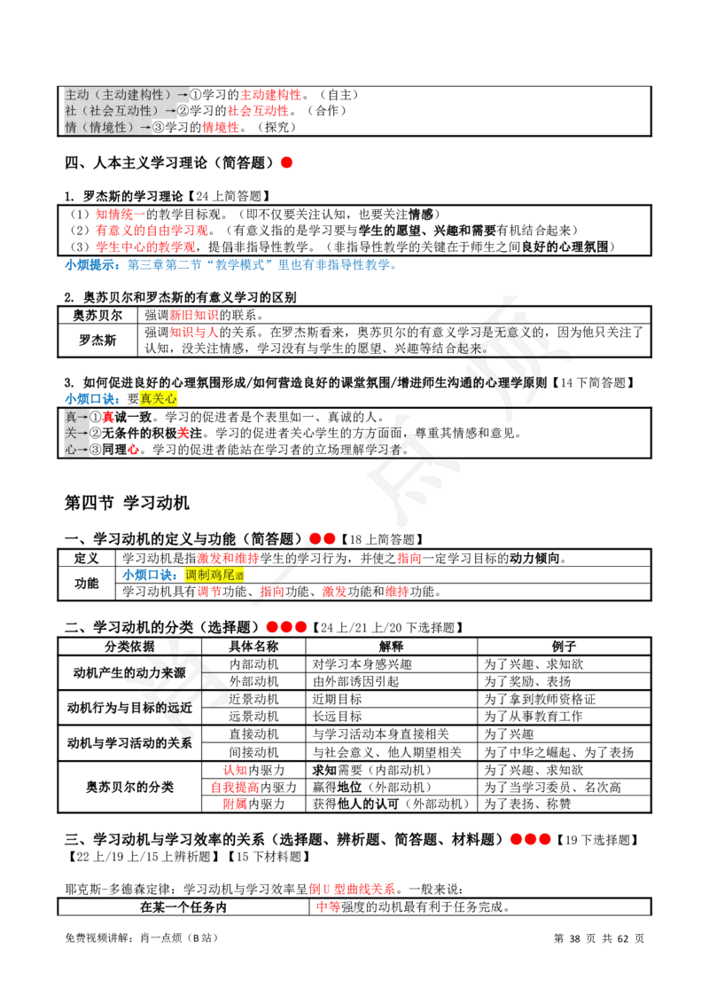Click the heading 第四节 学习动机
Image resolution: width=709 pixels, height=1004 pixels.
pos(127,503)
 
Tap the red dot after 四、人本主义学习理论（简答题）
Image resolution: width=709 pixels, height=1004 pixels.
pos(286,162)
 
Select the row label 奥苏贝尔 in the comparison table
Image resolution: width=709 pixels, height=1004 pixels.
pos(97,315)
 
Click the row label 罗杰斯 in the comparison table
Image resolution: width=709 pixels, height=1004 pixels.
pos(97,340)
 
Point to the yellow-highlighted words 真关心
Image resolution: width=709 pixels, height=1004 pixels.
pos(158,399)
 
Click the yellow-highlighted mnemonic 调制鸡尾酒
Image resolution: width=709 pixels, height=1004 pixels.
pos(214,575)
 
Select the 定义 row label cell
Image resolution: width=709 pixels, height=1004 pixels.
pos(86,559)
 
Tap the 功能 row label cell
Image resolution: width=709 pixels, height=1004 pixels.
pos(86,584)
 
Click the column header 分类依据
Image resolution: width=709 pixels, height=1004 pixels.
pos(130,647)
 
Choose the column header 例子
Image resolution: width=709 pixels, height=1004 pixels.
pos(564,647)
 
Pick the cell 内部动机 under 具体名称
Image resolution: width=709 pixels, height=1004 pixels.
pos(253,664)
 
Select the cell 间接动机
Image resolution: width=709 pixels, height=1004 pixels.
pos(253,752)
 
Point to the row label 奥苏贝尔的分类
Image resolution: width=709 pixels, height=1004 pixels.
pos(130,787)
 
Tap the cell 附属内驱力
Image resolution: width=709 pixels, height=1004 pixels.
pos(253,804)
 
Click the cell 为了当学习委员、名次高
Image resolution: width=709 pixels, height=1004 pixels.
pos(552,787)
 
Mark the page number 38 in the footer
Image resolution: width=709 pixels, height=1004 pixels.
pos(574,938)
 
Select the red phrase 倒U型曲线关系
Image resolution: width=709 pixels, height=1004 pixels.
pos(352,889)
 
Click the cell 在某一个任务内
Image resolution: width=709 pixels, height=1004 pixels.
pos(183,907)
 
